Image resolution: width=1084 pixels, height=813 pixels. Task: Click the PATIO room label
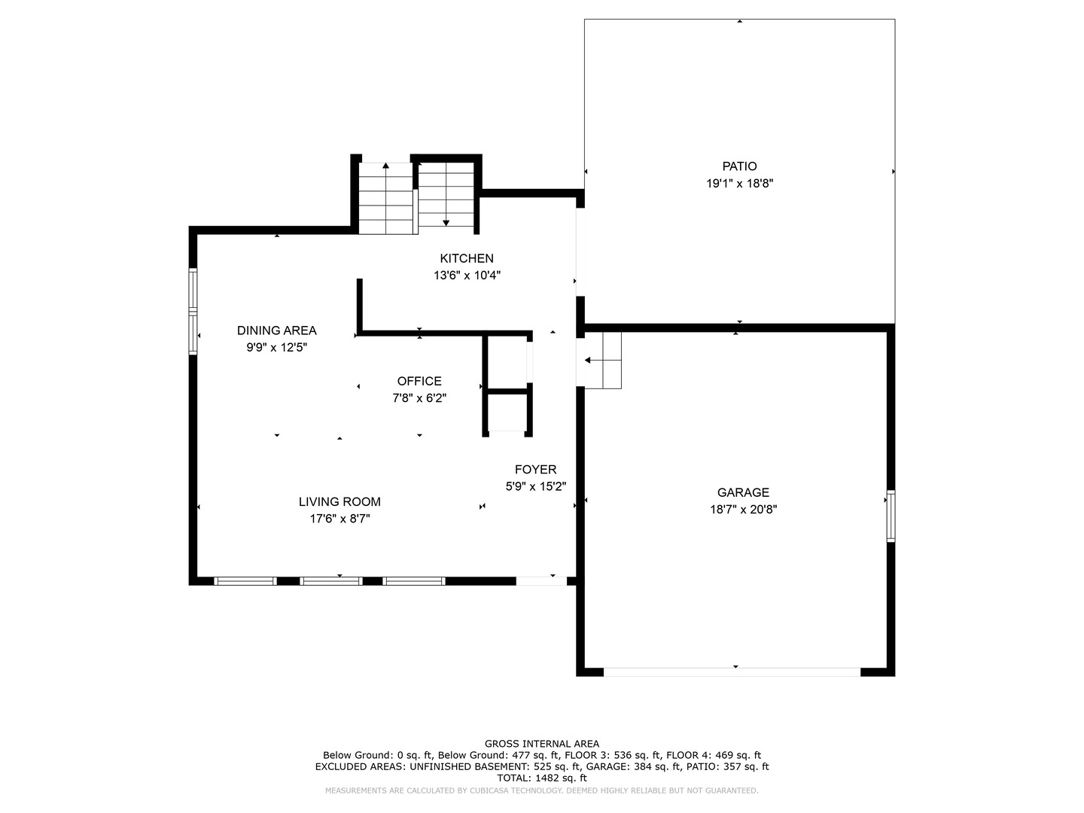pos(739,166)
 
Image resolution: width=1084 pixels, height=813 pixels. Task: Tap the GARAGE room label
pos(743,492)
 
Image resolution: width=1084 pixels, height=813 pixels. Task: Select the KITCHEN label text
pos(467,258)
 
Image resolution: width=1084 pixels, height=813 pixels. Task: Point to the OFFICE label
pos(419,381)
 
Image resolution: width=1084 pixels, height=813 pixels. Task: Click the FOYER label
pos(535,469)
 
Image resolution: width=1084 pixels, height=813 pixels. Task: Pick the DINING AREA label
pos(276,330)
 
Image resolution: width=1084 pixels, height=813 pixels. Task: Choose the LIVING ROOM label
pos(340,501)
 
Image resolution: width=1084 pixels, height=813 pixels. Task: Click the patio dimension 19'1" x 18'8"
pos(739,183)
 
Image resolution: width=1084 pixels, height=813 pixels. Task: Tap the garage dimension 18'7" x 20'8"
pos(743,510)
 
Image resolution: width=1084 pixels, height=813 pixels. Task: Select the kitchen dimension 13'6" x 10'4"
pos(467,276)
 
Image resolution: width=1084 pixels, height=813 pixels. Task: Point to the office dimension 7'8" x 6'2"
pos(419,398)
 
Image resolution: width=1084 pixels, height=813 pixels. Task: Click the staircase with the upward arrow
pos(385,198)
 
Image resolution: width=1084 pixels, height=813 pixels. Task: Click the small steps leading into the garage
pos(603,361)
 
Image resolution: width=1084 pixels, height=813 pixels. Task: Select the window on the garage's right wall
pos(891,516)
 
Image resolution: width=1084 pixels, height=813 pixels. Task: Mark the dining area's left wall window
pos(193,311)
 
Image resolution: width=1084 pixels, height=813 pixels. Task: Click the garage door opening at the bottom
pos(732,671)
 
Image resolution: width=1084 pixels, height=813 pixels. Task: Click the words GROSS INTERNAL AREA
pos(542,744)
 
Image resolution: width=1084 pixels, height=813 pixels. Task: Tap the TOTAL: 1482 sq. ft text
pos(542,778)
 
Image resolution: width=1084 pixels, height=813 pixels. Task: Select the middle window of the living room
pos(331,581)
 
